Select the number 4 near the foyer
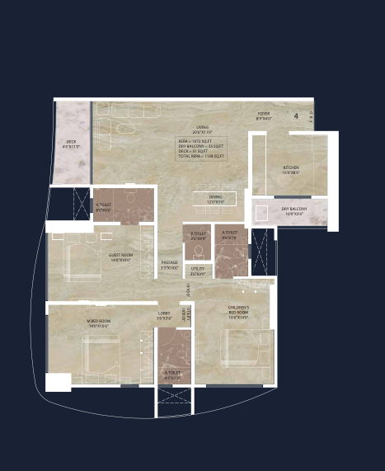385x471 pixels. (296, 116)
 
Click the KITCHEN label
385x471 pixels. (291, 169)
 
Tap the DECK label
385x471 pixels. (72, 144)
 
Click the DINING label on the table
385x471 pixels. (215, 198)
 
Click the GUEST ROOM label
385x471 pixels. (120, 257)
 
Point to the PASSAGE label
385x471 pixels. (169, 264)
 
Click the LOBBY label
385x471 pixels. (163, 315)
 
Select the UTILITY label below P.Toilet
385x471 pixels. (198, 270)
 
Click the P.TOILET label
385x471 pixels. (198, 234)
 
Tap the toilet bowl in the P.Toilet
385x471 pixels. (198, 251)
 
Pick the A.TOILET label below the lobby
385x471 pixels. (172, 374)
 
